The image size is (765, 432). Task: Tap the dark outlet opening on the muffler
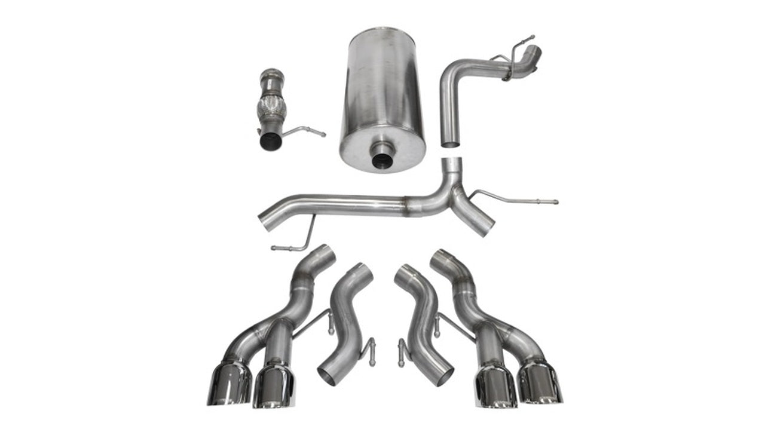pyautogui.click(x=382, y=160)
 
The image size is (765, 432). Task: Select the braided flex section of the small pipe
pyautogui.click(x=271, y=108)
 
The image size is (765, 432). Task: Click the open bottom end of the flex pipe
pyautogui.click(x=271, y=142)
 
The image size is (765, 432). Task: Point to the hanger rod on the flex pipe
pyautogui.click(x=305, y=130)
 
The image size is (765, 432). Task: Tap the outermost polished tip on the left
pyautogui.click(x=229, y=382)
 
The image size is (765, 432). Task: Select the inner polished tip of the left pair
pyautogui.click(x=273, y=387)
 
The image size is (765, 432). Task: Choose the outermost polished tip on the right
pyautogui.click(x=540, y=382)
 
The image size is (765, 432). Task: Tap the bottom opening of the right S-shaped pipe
pyautogui.click(x=440, y=376)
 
